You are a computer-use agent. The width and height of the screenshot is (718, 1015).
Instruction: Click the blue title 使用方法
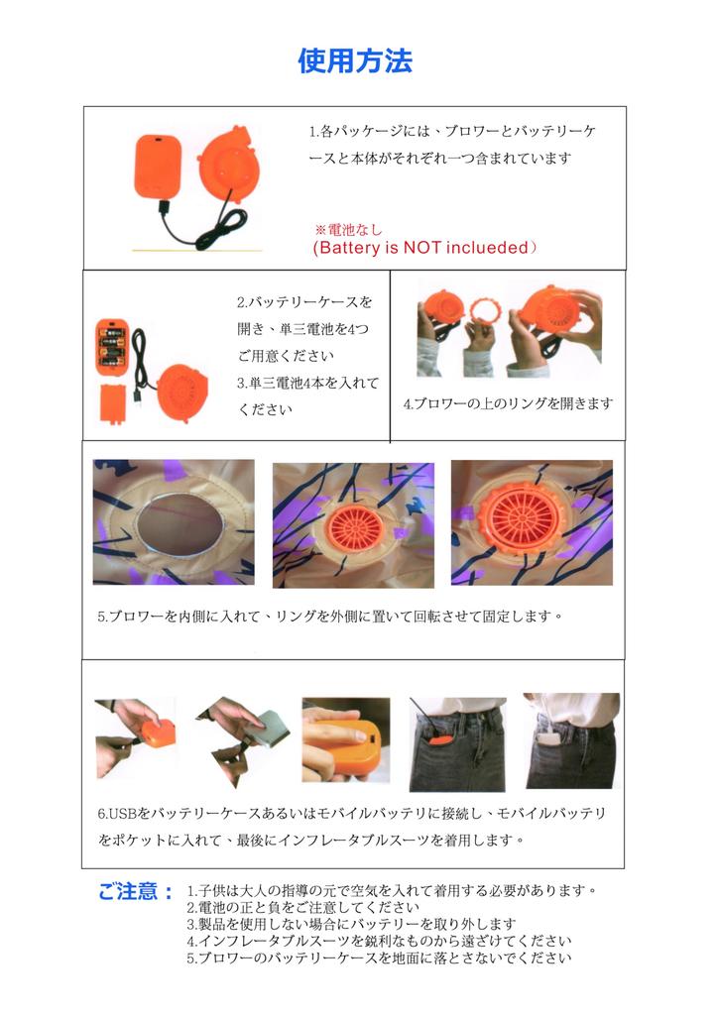355,60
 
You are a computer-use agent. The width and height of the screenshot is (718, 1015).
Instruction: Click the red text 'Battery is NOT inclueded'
424,247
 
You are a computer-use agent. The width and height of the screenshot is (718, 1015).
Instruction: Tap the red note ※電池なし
348,229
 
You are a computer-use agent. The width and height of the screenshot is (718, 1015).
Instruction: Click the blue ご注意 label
135,891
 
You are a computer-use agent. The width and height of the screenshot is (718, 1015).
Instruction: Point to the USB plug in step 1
164,208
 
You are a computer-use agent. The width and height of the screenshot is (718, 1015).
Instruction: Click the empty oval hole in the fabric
177,523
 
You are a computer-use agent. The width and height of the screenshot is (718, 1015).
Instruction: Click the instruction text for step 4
508,403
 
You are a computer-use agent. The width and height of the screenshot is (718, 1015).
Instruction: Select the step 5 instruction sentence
330,617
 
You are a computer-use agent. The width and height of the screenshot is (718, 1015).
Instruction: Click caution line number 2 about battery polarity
303,908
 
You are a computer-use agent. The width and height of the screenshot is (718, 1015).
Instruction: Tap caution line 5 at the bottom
380,959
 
